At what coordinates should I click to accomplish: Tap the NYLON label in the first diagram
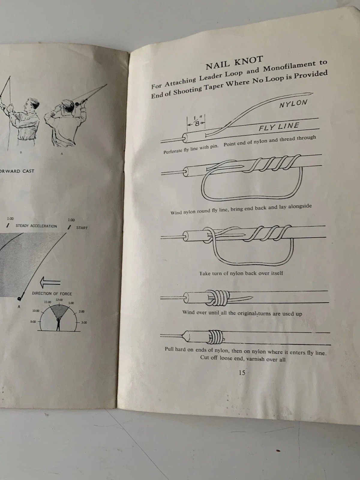tap(293, 103)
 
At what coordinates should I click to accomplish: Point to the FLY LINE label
tap(279, 127)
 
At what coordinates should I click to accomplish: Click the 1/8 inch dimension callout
tap(196, 121)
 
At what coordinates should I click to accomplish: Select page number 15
tap(242, 373)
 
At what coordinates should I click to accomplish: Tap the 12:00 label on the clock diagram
tap(59, 300)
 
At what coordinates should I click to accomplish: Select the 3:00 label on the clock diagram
tap(84, 322)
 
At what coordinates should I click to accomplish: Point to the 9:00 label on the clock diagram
tap(33, 322)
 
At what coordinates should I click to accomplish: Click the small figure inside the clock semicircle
tap(58, 325)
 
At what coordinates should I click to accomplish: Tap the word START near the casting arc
tap(82, 228)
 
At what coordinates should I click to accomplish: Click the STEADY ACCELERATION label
tap(36, 226)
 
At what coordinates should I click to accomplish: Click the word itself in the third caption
tap(277, 273)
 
